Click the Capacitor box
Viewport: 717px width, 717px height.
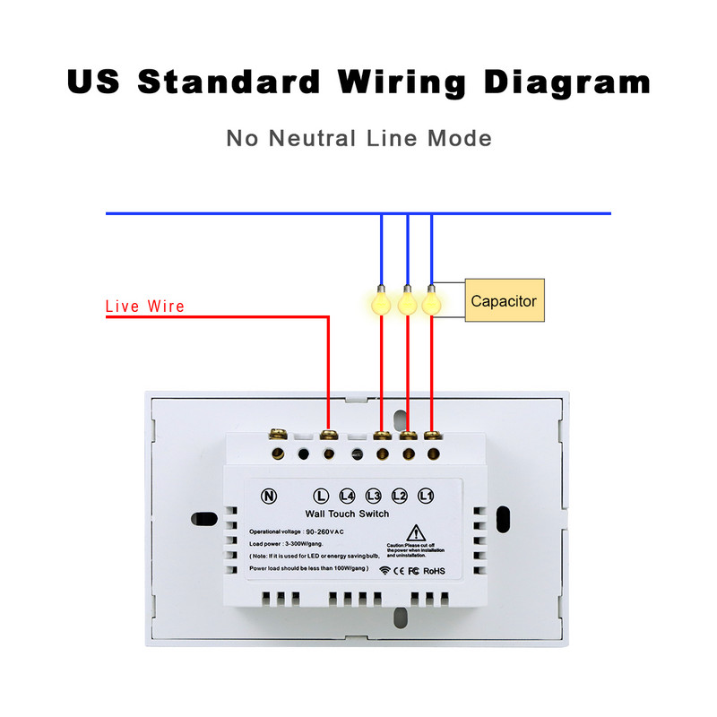504,301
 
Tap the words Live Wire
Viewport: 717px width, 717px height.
145,307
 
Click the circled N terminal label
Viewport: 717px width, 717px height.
268,496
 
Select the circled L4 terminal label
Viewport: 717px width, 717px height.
348,496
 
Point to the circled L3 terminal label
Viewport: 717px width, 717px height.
374,496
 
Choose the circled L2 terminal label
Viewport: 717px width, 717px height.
400,496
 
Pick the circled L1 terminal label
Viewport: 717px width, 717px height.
427,496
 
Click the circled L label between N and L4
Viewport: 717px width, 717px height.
322,496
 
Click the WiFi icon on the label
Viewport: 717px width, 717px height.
384,570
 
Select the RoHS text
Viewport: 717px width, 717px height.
435,570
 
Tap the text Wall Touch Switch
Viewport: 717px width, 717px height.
348,514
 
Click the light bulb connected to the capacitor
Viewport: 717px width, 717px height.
432,302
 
